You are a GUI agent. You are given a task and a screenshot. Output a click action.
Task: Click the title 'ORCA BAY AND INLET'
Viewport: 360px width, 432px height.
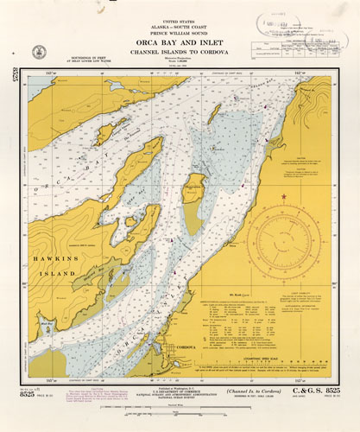coord(180,39)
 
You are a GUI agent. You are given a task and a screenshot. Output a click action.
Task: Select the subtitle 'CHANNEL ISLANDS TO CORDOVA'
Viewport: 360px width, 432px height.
coord(180,50)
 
